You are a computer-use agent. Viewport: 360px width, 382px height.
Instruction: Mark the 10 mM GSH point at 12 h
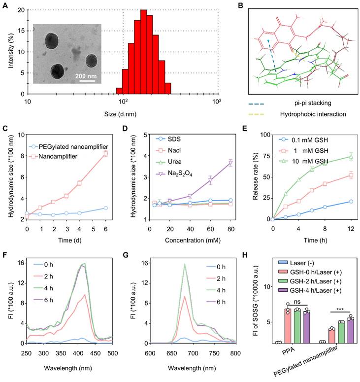[x=351, y=157]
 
